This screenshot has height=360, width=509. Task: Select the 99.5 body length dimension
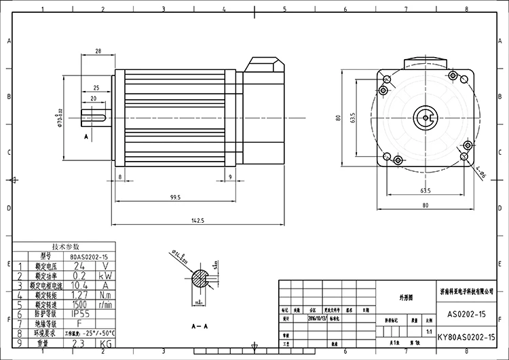[176, 197]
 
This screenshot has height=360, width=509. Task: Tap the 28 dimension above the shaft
[98, 52]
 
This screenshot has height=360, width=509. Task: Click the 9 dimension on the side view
[231, 177]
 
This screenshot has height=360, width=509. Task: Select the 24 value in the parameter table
[79, 266]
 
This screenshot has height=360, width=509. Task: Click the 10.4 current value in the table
[79, 285]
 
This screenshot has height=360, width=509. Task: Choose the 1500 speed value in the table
[79, 305]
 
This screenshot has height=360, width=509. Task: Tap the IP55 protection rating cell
[79, 314]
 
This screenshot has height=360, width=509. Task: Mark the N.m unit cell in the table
[106, 295]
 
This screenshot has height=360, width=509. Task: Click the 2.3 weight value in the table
[79, 344]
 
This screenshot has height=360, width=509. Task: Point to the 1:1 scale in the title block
[428, 331]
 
